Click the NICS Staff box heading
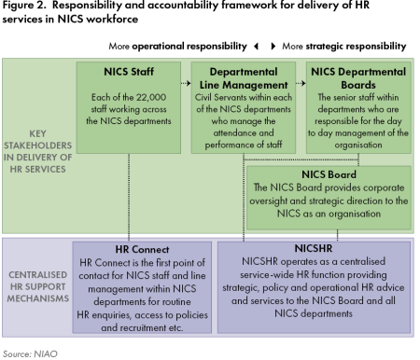pyautogui.click(x=130, y=71)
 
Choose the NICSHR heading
pyautogui.click(x=313, y=249)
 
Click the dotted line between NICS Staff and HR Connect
pyautogui.click(x=130, y=196)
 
